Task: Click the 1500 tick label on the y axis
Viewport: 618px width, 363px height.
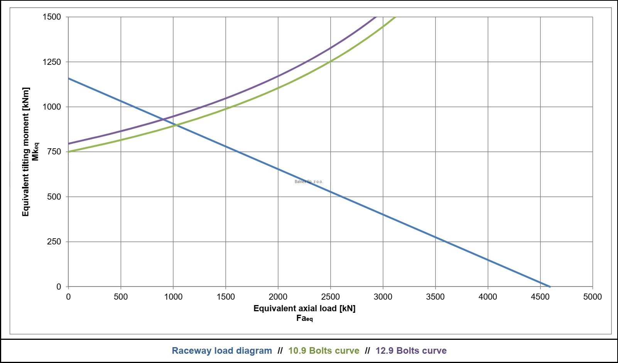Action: pyautogui.click(x=52, y=17)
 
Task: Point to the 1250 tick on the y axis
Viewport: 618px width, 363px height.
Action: pyautogui.click(x=52, y=62)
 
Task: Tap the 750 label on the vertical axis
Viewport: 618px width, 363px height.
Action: pyautogui.click(x=54, y=152)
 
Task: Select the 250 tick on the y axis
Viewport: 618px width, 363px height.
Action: pyautogui.click(x=54, y=242)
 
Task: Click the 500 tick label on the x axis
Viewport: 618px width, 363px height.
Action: pyautogui.click(x=121, y=297)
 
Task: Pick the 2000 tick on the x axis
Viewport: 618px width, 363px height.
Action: pyautogui.click(x=278, y=297)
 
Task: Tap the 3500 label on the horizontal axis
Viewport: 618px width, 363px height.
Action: pyautogui.click(x=435, y=297)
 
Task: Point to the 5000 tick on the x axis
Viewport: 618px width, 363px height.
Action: pyautogui.click(x=593, y=297)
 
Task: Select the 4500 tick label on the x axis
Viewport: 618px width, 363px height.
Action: pyautogui.click(x=540, y=297)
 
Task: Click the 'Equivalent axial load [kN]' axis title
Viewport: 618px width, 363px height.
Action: pyautogui.click(x=304, y=309)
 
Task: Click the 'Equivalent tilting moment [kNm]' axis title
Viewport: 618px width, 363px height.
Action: pyautogui.click(x=26, y=152)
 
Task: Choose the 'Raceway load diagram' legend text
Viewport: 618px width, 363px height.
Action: pyautogui.click(x=222, y=351)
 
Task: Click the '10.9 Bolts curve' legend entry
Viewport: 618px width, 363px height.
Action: pyautogui.click(x=324, y=351)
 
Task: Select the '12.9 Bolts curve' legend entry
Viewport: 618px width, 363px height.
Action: pyautogui.click(x=411, y=351)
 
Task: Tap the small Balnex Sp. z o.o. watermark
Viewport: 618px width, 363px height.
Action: pyautogui.click(x=309, y=181)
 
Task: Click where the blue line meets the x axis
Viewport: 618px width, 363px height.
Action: pyautogui.click(x=550, y=287)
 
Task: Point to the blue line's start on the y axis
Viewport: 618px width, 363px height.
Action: pyautogui.click(x=69, y=78)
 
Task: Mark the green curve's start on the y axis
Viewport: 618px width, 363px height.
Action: pyautogui.click(x=69, y=152)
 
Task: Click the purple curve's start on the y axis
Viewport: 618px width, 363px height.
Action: pyautogui.click(x=69, y=144)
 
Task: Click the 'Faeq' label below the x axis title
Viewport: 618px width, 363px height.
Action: pyautogui.click(x=304, y=318)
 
